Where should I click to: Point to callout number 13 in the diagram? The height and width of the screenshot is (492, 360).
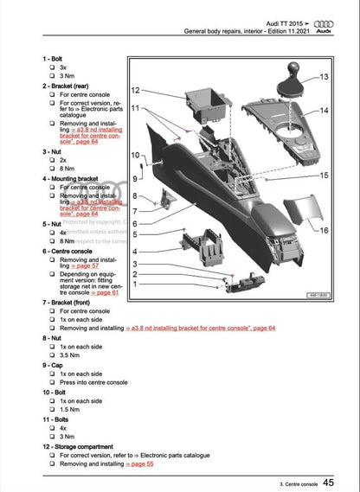click(324, 78)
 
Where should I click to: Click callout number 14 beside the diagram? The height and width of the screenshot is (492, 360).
click(324, 111)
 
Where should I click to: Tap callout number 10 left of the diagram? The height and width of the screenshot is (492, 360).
click(134, 155)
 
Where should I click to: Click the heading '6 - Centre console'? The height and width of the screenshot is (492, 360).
click(72, 251)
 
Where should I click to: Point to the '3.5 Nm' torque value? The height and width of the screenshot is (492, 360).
click(70, 354)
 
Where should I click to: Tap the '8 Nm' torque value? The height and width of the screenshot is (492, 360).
click(67, 169)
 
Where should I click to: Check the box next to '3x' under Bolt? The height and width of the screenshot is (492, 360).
click(52, 67)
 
